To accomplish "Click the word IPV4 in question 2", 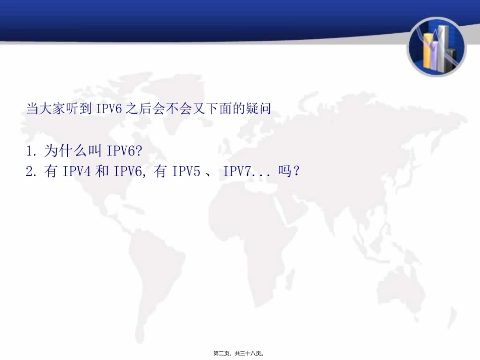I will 77,172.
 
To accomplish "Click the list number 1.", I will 29,151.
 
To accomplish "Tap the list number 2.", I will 29,172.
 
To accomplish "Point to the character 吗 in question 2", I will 285,172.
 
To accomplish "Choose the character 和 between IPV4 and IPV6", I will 102,172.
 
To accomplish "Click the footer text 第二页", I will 222,353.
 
